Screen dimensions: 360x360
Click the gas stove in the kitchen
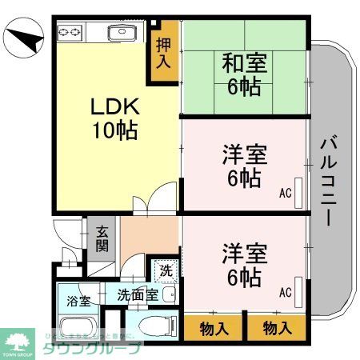pyautogui.click(x=70, y=32)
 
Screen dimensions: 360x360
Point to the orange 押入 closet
pyautogui.click(x=163, y=53)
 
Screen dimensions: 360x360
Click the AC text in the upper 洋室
pyautogui.click(x=286, y=193)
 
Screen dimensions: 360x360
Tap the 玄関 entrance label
pyautogui.click(x=102, y=238)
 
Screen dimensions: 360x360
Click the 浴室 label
pyautogui.click(x=78, y=302)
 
